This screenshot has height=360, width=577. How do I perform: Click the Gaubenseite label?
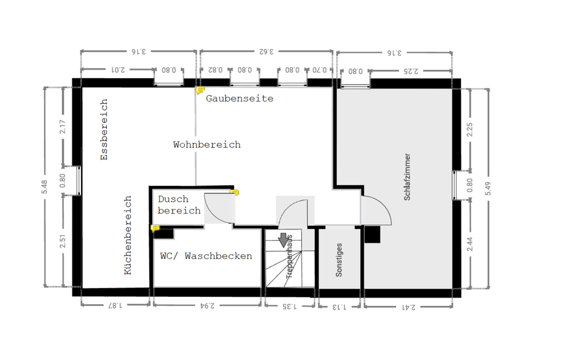[239, 99]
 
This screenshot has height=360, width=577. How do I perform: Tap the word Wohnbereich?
[207, 145]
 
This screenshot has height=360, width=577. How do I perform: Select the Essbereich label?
[104, 130]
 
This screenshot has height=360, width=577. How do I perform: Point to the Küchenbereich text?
[127, 235]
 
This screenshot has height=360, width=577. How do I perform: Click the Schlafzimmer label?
[408, 177]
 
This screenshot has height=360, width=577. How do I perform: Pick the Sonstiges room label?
[339, 260]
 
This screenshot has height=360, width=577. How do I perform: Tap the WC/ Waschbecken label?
[206, 256]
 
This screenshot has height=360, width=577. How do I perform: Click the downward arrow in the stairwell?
[283, 241]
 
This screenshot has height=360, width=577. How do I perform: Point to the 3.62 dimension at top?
[266, 52]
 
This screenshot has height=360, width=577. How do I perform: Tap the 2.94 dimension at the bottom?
[206, 307]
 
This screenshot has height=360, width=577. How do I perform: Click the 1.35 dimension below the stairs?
[289, 307]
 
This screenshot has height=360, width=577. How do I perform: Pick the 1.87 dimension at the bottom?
[114, 307]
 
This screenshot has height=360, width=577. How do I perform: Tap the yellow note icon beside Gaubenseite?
[200, 91]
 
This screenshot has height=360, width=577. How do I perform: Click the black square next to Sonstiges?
[372, 235]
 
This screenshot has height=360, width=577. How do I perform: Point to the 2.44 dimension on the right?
[470, 246]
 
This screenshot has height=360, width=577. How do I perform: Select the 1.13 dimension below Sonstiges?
[340, 307]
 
